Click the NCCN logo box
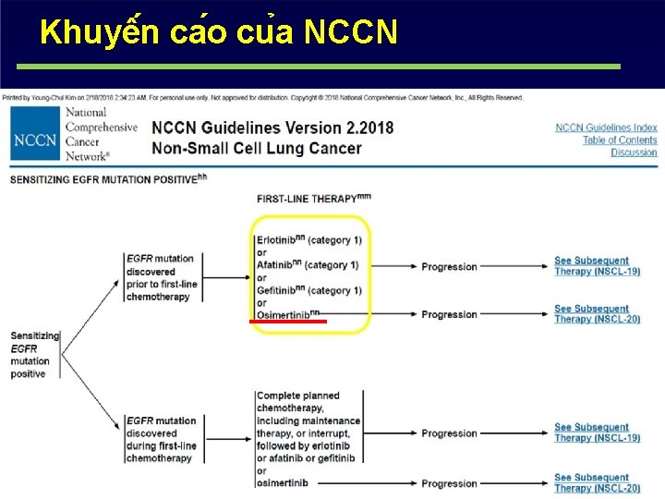tap(34, 140)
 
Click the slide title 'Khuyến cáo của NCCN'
tap(220, 33)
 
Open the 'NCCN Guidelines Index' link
tap(606, 128)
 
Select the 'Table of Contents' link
tap(620, 140)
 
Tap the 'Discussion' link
tap(634, 152)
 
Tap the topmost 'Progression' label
tap(449, 266)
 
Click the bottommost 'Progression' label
tap(449, 483)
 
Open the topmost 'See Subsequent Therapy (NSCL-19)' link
tap(597, 266)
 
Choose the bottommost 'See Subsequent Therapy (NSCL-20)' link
tap(597, 483)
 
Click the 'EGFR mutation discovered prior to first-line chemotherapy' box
tap(162, 277)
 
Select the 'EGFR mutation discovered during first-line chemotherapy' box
tap(162, 439)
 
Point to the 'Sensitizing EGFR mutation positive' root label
tap(33, 355)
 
